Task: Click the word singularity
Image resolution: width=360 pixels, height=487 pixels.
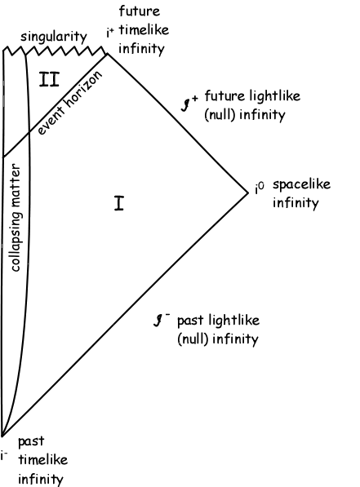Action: [x=54, y=37]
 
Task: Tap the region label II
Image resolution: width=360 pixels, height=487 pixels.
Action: [x=49, y=79]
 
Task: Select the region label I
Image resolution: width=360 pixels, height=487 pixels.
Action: [x=119, y=203]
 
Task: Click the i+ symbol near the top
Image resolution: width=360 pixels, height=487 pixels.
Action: [x=110, y=33]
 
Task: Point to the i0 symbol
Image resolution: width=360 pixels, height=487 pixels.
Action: [x=260, y=188]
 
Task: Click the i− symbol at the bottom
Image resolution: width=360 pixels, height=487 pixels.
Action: [x=4, y=456]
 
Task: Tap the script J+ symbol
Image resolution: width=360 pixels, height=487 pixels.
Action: [x=189, y=103]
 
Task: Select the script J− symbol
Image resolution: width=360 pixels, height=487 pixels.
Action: [x=162, y=320]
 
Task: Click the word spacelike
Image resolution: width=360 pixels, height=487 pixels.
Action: [x=301, y=185]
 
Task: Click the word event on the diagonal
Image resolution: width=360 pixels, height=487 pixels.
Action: [x=51, y=122]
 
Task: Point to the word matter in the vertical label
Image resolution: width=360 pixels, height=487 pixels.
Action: [x=15, y=185]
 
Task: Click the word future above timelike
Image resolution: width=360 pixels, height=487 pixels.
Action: [x=140, y=11]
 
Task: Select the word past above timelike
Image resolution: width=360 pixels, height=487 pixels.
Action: [x=31, y=441]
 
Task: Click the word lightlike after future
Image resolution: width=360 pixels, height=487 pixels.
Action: [x=273, y=95]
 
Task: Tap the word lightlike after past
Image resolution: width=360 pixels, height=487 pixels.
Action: [x=233, y=321]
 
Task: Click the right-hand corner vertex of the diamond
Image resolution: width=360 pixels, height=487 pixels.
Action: [x=248, y=193]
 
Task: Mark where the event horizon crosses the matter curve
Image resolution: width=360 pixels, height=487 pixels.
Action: [x=29, y=133]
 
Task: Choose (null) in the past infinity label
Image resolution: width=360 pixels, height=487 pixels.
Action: [x=192, y=339]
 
